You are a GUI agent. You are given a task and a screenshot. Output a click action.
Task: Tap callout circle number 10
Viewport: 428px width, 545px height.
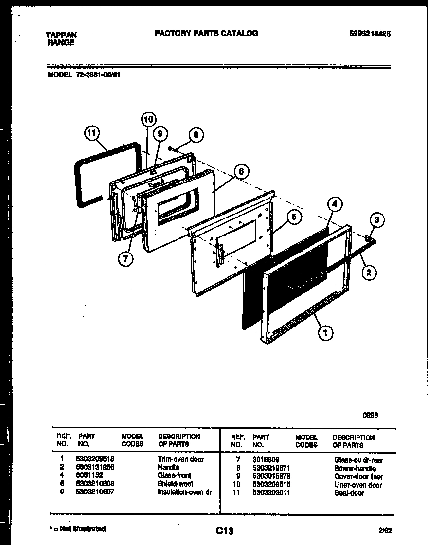point(149,119)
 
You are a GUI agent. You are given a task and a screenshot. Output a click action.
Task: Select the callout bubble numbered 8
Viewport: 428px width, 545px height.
point(196,136)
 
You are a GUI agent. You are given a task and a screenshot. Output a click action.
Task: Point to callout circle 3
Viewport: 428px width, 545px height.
point(377,221)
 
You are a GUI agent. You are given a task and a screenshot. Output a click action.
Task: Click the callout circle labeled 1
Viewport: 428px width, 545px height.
point(325,333)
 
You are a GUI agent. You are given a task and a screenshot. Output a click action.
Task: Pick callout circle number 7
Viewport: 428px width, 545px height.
point(125,259)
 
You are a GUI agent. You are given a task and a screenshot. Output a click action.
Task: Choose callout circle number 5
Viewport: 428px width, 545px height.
point(294,217)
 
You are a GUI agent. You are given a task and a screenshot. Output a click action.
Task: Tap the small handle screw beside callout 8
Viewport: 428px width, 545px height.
point(171,148)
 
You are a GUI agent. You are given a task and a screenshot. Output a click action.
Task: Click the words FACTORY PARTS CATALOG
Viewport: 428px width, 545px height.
point(206,33)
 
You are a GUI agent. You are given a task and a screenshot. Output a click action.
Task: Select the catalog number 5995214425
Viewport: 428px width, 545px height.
point(370,34)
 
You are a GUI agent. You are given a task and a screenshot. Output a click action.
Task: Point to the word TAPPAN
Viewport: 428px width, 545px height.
point(61,35)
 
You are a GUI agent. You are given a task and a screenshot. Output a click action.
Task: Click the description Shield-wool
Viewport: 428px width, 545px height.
point(175,484)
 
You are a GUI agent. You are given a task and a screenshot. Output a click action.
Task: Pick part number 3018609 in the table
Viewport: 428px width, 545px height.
point(266,459)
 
